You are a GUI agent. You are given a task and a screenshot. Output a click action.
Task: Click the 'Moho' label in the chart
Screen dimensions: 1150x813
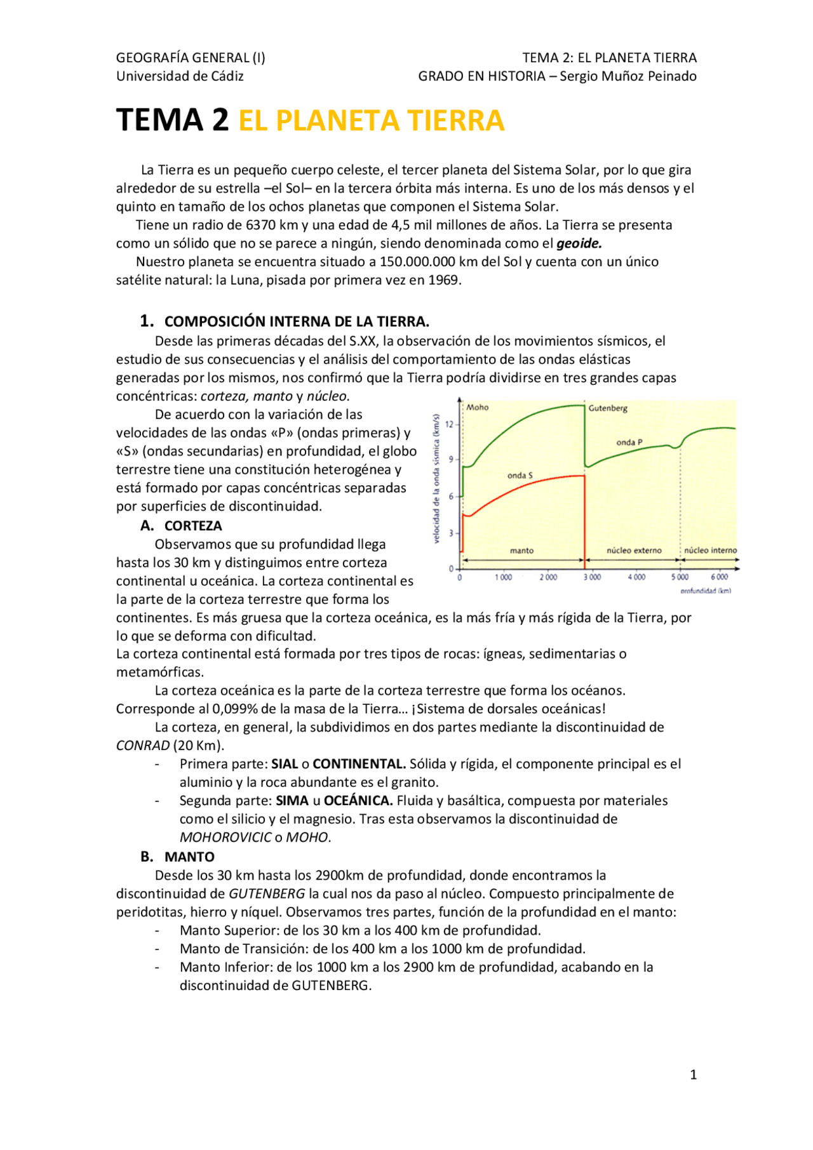[478, 407]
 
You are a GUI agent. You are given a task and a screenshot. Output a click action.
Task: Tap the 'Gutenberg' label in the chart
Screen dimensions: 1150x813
[608, 408]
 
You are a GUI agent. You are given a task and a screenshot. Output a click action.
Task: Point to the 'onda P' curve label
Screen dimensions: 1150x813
[629, 442]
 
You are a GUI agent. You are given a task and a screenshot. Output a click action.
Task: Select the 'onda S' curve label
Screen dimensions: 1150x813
[520, 475]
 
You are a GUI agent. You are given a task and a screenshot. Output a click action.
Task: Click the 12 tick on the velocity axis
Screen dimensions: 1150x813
[450, 424]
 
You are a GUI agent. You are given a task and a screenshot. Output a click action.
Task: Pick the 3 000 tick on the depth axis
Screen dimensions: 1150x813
[592, 577]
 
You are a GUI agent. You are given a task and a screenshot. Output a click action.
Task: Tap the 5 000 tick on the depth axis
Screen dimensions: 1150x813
[680, 577]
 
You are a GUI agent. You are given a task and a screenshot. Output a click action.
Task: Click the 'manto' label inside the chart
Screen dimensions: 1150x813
[521, 551]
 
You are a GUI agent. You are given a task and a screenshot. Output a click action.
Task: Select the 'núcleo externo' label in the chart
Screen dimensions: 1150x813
[633, 551]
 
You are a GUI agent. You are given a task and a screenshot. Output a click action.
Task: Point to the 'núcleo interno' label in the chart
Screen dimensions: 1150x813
[710, 551]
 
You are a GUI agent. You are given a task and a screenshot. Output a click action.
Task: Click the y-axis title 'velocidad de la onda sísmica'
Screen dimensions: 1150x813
[436, 479]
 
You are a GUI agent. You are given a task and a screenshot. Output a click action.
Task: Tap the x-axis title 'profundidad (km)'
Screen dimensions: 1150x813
[705, 591]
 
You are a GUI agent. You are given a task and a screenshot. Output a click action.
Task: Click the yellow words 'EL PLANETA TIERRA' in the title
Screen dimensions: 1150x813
[371, 121]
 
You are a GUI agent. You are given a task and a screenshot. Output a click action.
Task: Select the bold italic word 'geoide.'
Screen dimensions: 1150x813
[579, 243]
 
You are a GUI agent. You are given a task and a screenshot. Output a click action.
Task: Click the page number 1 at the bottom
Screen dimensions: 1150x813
[693, 1074]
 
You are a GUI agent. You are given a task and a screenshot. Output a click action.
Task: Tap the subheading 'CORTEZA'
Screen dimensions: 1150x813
[193, 526]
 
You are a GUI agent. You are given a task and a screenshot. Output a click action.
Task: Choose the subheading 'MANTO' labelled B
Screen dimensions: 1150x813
[189, 857]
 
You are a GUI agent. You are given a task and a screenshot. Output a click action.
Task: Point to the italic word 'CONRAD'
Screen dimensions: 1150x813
[143, 745]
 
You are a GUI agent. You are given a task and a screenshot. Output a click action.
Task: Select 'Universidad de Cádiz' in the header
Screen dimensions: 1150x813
[180, 76]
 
